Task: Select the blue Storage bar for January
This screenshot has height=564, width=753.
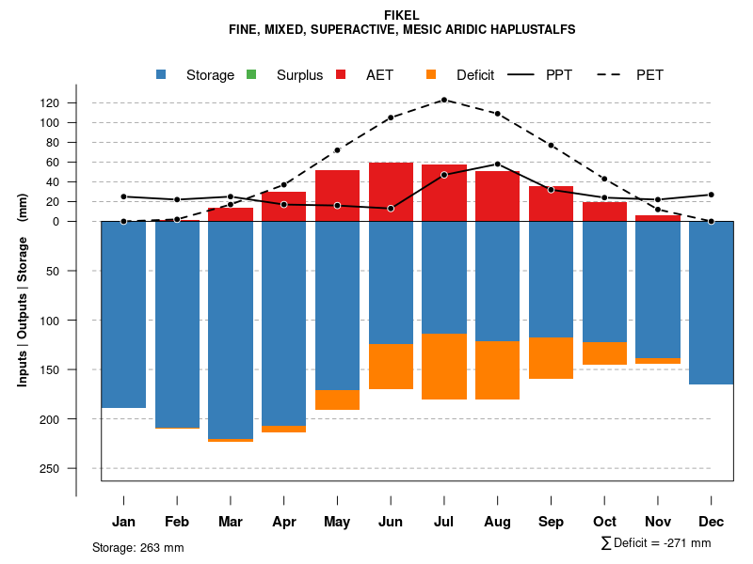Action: pyautogui.click(x=123, y=314)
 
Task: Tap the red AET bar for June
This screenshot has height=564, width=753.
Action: pyautogui.click(x=391, y=192)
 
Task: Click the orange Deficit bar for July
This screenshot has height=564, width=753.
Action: pyautogui.click(x=444, y=367)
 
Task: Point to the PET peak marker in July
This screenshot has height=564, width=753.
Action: pyautogui.click(x=444, y=99)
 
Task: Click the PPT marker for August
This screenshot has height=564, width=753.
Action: pyautogui.click(x=498, y=164)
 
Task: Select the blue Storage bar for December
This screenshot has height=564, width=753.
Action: pyautogui.click(x=711, y=303)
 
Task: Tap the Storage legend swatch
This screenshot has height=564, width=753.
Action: pyautogui.click(x=162, y=74)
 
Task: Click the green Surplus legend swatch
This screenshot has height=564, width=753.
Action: pyautogui.click(x=251, y=74)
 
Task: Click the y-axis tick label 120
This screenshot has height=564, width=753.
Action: pyautogui.click(x=76, y=102)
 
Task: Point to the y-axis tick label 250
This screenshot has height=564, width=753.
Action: pyautogui.click(x=76, y=468)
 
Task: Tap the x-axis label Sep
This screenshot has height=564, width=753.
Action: pyautogui.click(x=552, y=522)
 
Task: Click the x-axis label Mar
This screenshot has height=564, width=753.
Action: pyautogui.click(x=231, y=522)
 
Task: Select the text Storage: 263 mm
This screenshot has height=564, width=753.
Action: pyautogui.click(x=137, y=547)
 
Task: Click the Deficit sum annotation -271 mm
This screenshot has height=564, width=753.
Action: pyautogui.click(x=656, y=543)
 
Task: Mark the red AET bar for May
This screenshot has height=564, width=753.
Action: pyautogui.click(x=337, y=196)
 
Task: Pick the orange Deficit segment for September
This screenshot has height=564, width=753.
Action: pyautogui.click(x=552, y=358)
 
